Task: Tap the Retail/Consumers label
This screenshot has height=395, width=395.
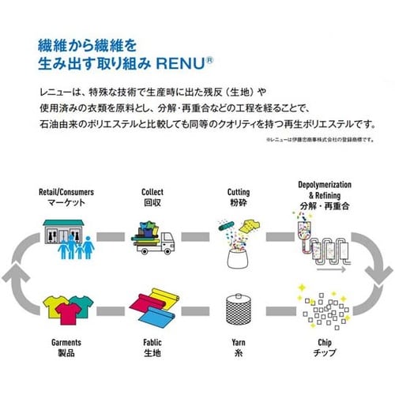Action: (x=66, y=192)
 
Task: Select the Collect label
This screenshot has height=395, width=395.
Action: (x=152, y=192)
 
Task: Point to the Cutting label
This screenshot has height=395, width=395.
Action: (x=238, y=192)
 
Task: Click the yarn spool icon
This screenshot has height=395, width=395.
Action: (x=239, y=310)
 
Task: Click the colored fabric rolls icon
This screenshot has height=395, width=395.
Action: (x=152, y=308)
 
